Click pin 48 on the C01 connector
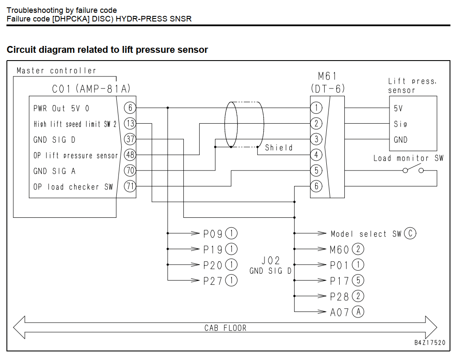pyautogui.click(x=130, y=155)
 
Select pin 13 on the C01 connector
pyautogui.click(x=130, y=123)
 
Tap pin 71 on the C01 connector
pyautogui.click(x=130, y=186)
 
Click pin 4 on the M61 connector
pyautogui.click(x=316, y=155)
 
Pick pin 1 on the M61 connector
pyautogui.click(x=316, y=108)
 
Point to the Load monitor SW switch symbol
pyautogui.click(x=413, y=169)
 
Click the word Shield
pyautogui.click(x=279, y=147)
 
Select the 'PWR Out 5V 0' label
pyautogui.click(x=61, y=109)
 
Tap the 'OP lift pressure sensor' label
pyautogui.click(x=75, y=156)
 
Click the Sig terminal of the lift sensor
pyautogui.click(x=400, y=124)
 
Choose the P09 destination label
pyautogui.click(x=213, y=234)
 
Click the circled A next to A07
pyautogui.click(x=358, y=312)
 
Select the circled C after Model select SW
pyautogui.click(x=410, y=233)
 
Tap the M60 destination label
pyautogui.click(x=339, y=250)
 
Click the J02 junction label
pyautogui.click(x=271, y=260)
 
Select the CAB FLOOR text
pyautogui.click(x=225, y=328)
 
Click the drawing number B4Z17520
pyautogui.click(x=430, y=342)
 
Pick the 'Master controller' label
pyautogui.click(x=56, y=71)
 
